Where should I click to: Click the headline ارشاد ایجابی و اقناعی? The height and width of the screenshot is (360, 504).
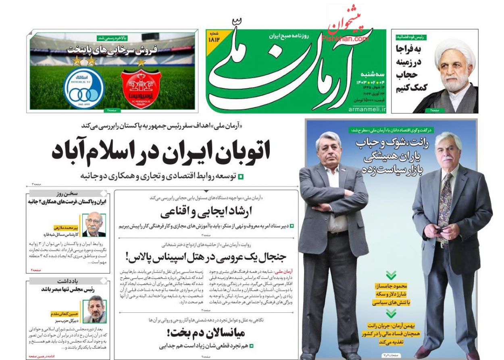[206, 213]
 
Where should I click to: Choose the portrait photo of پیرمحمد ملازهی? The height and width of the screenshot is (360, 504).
[94, 224]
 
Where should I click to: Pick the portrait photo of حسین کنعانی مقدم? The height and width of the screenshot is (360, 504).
[94, 310]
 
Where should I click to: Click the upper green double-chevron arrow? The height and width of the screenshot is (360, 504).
[391, 275]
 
